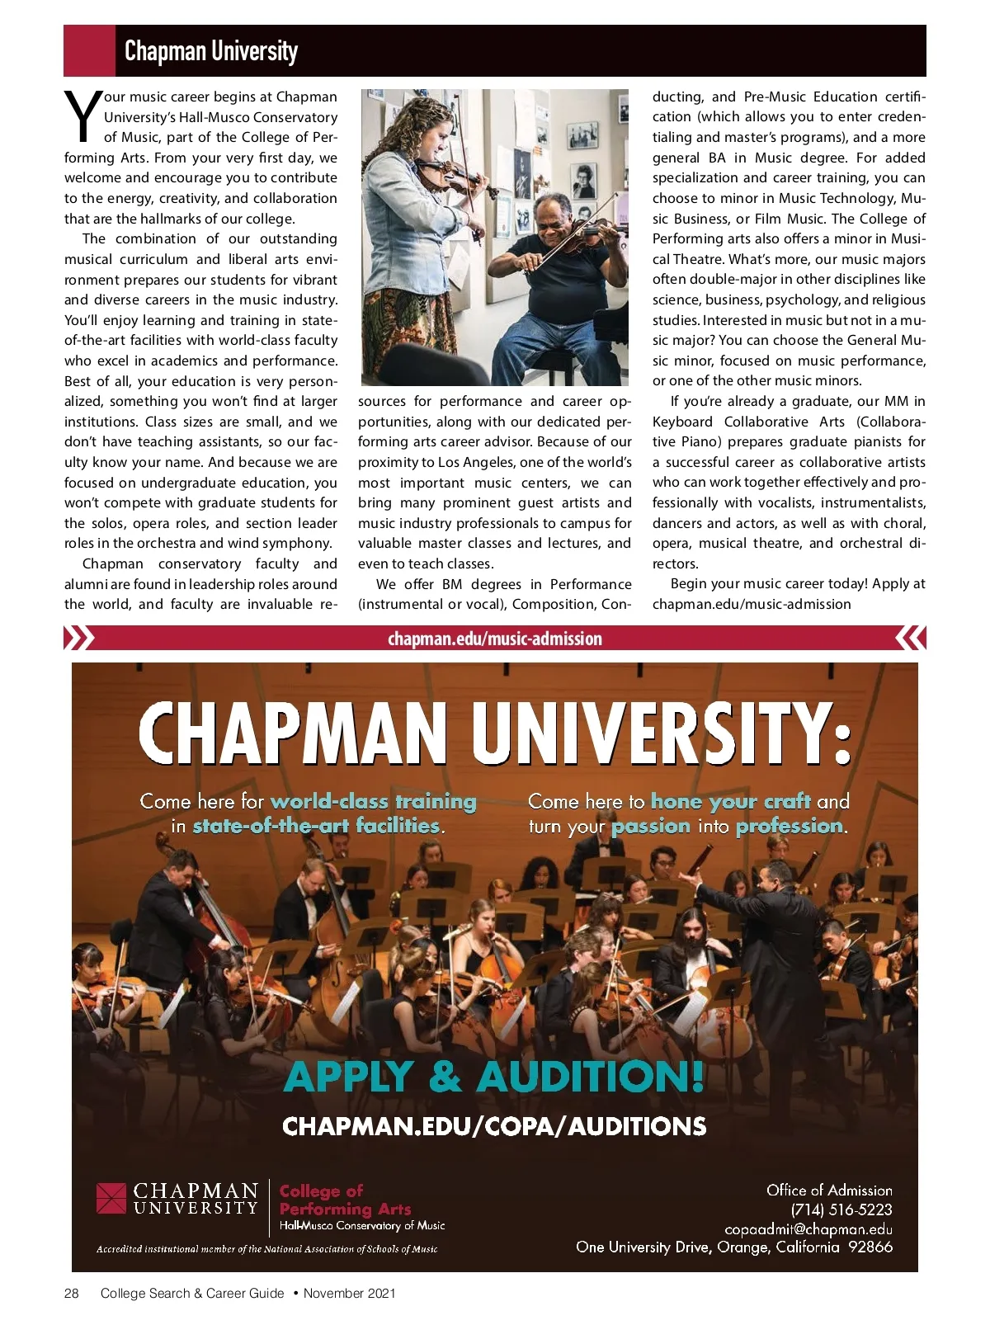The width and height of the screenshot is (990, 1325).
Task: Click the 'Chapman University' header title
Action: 210,51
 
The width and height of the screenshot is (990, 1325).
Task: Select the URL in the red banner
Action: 494,639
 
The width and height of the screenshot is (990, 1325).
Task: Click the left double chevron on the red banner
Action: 79,638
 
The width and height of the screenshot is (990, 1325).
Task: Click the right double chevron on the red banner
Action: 910,638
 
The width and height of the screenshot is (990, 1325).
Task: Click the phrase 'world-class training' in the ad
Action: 374,801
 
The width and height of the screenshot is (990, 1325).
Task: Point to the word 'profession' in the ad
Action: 790,826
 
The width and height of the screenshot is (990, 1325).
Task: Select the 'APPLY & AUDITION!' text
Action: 494,1077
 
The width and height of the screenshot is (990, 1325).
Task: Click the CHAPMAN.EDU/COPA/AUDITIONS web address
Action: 494,1126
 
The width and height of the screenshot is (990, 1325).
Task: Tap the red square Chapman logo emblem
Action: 111,1199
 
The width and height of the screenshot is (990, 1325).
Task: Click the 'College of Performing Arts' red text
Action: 345,1200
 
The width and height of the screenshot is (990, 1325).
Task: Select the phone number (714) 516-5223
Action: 841,1209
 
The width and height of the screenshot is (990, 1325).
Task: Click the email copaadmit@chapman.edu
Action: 808,1228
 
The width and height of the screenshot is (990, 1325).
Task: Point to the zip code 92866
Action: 870,1247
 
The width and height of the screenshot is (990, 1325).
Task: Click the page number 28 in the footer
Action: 72,1293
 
